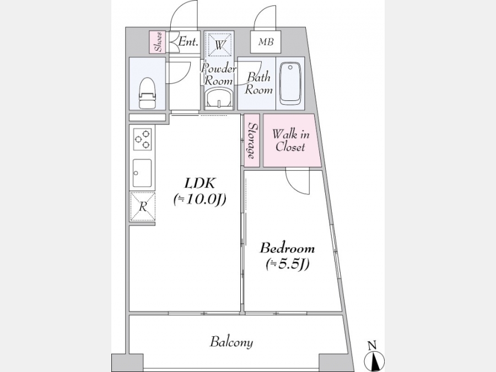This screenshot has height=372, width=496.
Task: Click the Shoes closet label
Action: pos(159,42)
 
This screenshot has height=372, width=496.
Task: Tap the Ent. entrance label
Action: pos(188,41)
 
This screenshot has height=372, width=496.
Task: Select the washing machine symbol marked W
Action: pos(219,44)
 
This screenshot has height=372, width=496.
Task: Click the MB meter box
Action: pos(266,42)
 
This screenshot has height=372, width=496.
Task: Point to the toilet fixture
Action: pos(147,93)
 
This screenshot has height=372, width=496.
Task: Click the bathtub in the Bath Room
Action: pos(290,84)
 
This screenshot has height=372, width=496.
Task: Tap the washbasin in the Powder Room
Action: pos(219,99)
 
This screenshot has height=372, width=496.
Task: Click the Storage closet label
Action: pos(252,141)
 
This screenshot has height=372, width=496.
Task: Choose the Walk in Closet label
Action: pos(290,141)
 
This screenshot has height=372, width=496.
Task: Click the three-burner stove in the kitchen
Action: pos(142,139)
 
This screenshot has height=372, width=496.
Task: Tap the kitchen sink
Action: pos(142,173)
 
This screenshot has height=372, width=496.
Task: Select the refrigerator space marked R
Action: pos(143,207)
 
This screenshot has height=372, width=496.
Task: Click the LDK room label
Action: pos(200,183)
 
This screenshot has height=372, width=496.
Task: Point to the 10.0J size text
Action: pos(200,200)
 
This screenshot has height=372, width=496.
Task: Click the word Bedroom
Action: pos(287,248)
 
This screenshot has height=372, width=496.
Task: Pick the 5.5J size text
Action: pos(287,264)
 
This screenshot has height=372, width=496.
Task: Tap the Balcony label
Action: pos(231,342)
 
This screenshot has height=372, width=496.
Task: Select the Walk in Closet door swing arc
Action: pos(293,185)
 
